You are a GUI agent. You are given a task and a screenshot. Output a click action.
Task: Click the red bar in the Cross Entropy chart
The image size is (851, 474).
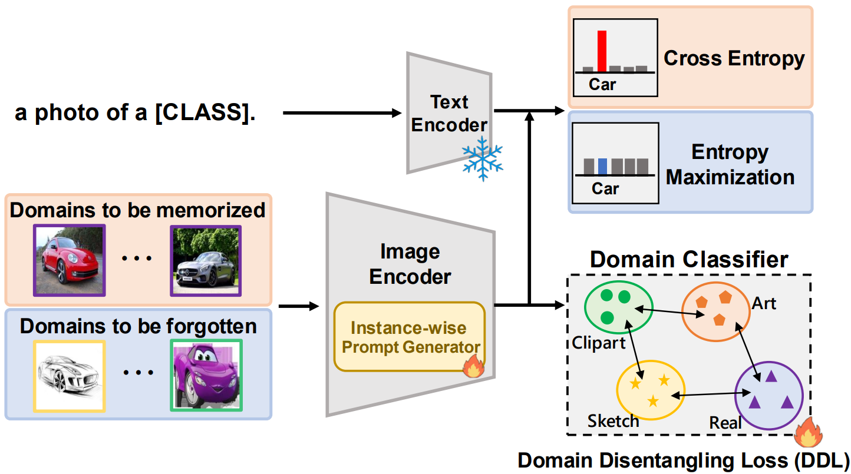click(602, 51)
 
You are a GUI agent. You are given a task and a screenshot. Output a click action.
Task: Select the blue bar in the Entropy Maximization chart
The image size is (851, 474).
click(602, 166)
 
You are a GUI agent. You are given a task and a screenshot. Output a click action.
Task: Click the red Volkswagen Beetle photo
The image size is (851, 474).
click(70, 260)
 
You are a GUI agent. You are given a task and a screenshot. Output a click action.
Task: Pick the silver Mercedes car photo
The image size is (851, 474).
click(206, 260)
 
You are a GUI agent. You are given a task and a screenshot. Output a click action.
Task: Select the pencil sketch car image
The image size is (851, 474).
click(70, 375)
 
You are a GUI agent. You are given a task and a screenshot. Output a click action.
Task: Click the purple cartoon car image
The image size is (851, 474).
click(206, 375)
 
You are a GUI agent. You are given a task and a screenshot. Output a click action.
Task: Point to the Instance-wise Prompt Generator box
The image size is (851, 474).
click(410, 337)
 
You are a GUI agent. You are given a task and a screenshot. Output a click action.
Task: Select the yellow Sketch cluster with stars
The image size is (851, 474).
click(651, 389)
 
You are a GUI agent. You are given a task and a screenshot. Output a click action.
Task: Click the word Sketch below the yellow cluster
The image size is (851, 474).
click(613, 421)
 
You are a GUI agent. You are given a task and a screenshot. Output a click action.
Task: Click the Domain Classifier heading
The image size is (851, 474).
click(689, 260)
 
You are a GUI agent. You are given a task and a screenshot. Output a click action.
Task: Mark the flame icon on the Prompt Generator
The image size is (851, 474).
click(473, 368)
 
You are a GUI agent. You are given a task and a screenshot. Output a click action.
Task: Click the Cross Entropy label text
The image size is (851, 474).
click(734, 58)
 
